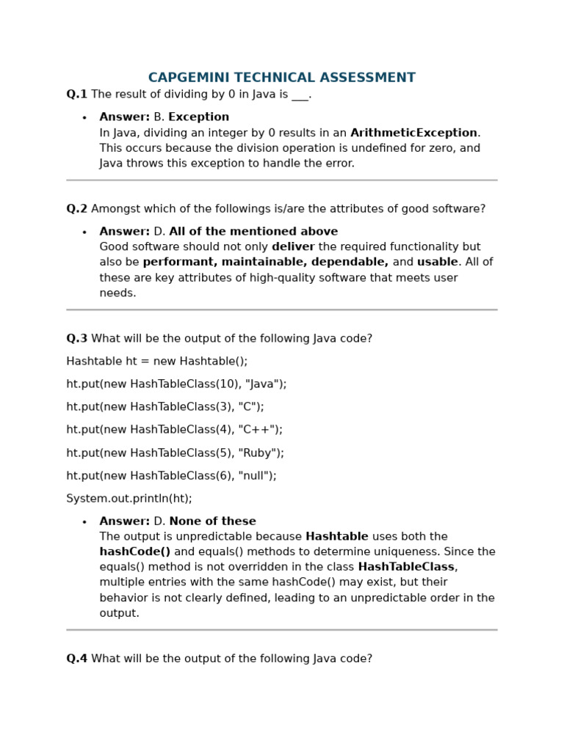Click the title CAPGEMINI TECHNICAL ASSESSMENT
(x=281, y=78)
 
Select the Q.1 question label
(x=76, y=95)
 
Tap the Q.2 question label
(x=76, y=209)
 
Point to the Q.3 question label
(x=76, y=339)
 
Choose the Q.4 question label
(x=76, y=659)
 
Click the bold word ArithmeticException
(x=413, y=133)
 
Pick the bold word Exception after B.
(x=198, y=117)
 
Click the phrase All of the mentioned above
(x=253, y=232)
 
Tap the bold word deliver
(x=293, y=247)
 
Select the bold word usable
(x=437, y=263)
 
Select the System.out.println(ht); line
(x=129, y=499)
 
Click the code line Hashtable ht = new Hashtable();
(x=157, y=362)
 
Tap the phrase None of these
(x=212, y=521)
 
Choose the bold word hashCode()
(x=135, y=552)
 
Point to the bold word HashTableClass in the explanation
(x=406, y=567)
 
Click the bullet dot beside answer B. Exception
(x=84, y=118)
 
